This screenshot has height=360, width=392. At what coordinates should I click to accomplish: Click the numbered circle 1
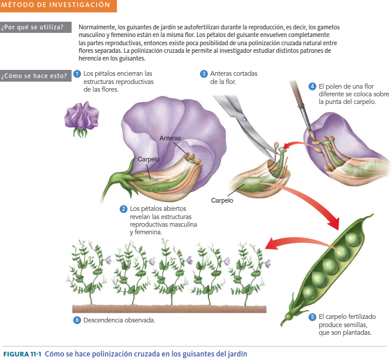pyautogui.click(x=77, y=74)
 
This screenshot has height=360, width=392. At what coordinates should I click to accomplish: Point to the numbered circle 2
pyautogui.click(x=123, y=209)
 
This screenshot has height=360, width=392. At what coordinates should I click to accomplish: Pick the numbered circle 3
pyautogui.click(x=204, y=74)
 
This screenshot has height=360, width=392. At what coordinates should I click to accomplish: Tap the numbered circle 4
pyautogui.click(x=313, y=86)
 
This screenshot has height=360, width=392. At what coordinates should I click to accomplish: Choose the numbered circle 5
pyautogui.click(x=312, y=317)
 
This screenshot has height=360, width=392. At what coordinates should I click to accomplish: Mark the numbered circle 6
pyautogui.click(x=77, y=321)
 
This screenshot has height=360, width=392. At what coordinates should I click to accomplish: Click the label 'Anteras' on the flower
pyautogui.click(x=170, y=139)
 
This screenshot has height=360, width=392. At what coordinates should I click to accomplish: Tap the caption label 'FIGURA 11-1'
pyautogui.click(x=22, y=354)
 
